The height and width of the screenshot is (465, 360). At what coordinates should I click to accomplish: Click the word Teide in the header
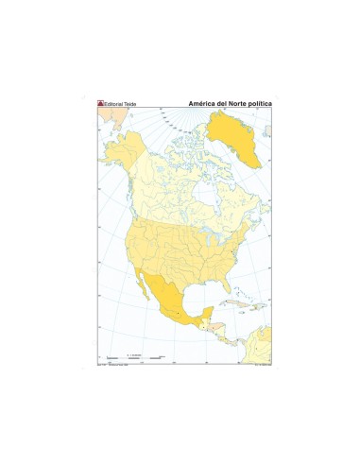coord(131,103)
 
